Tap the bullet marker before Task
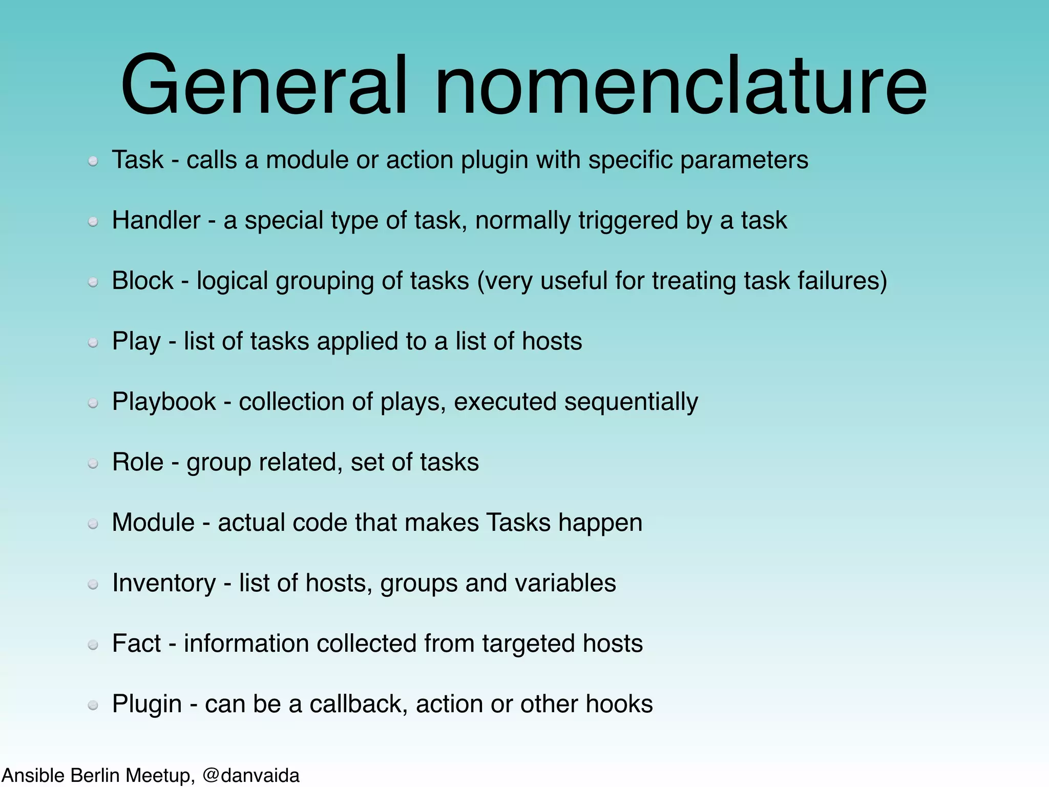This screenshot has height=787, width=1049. [93, 161]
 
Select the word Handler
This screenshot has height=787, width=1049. [156, 220]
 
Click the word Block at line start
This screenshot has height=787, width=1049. [143, 281]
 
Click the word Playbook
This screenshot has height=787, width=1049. [164, 402]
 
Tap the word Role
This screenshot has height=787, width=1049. [138, 462]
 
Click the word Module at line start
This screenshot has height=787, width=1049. [153, 523]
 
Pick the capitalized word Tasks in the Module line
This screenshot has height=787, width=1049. [518, 523]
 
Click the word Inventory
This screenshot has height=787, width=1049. [164, 583]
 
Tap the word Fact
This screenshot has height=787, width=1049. [136, 644]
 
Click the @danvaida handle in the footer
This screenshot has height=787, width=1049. [251, 775]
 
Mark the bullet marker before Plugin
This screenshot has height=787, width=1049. [93, 706]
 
